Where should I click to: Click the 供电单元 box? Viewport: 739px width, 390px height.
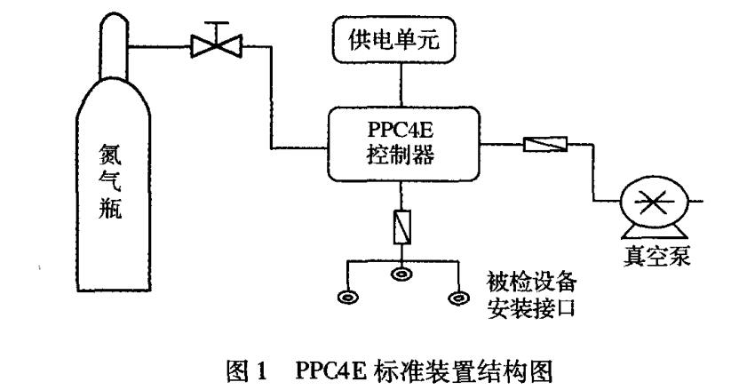(401, 41)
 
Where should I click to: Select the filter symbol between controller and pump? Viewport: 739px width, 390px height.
(544, 143)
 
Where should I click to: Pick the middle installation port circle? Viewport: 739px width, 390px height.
(401, 277)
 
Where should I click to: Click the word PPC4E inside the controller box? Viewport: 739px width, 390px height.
(401, 130)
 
